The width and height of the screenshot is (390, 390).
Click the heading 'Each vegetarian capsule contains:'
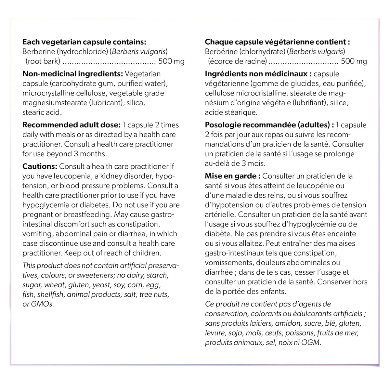(x=84, y=42)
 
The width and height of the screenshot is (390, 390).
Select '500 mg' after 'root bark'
(x=171, y=61)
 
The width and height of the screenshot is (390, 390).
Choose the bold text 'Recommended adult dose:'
(x=71, y=125)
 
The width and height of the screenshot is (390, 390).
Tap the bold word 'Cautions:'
(x=40, y=166)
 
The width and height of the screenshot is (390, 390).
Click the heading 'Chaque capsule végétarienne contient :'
(x=277, y=42)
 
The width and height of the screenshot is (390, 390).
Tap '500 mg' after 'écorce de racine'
(x=354, y=61)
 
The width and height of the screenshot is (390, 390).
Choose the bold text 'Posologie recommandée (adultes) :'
(x=269, y=125)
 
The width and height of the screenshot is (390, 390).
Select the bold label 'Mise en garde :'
(x=232, y=176)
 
